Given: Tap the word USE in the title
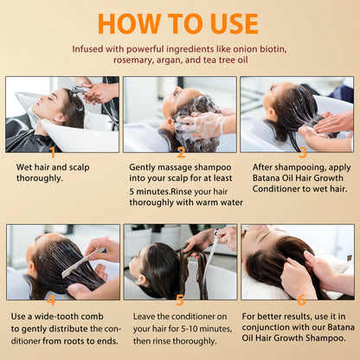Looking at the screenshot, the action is tap(235, 23).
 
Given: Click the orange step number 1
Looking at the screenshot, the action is tap(53, 152).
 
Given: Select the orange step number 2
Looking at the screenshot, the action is tap(181, 152).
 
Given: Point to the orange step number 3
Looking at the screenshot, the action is tap(303, 152).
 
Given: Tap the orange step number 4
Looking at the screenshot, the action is tap(51, 300).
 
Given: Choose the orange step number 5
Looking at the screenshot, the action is tap(179, 300).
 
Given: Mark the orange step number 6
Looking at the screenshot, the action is tap(301, 300).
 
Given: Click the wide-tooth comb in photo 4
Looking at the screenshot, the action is tap(82, 262).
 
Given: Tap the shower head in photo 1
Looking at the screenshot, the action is tap(80, 90).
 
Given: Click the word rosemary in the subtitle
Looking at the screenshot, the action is tap(133, 61).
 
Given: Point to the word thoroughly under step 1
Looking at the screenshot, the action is tap(39, 178).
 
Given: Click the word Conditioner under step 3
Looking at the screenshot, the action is tap(276, 189).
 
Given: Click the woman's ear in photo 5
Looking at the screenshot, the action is tap(142, 280).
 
